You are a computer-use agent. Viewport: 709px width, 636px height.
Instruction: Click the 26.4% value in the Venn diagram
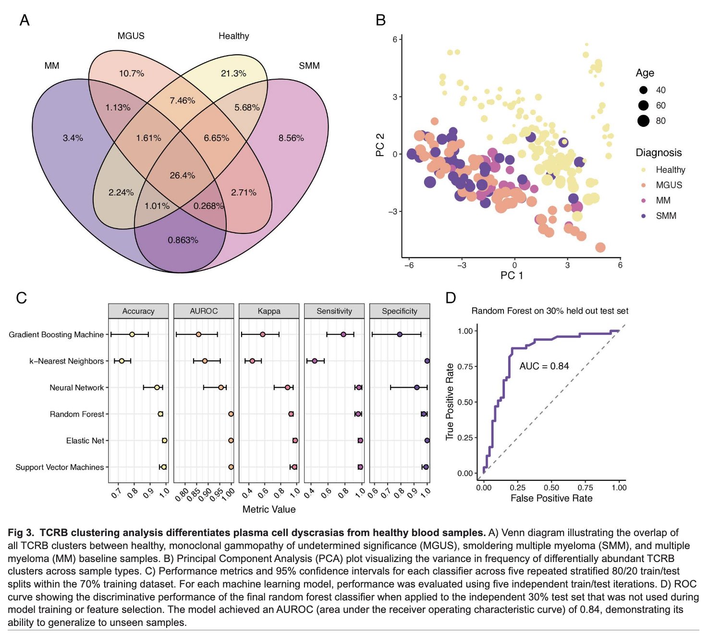(183, 175)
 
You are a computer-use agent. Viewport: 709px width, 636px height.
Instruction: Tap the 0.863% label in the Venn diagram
(183, 240)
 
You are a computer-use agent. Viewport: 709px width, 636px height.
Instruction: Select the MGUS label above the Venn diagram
(131, 36)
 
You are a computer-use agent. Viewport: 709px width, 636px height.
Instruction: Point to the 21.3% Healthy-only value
(233, 73)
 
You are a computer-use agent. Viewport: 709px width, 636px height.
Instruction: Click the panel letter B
(380, 20)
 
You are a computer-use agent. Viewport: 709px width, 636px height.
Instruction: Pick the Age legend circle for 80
(644, 121)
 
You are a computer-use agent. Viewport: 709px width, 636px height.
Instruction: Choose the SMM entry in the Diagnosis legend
(666, 216)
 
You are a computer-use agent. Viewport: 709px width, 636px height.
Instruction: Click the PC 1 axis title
(512, 275)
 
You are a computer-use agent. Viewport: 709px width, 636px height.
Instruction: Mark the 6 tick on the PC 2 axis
(395, 39)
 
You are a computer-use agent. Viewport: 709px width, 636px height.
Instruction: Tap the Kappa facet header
(269, 311)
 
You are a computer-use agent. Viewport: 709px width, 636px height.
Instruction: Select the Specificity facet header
(400, 311)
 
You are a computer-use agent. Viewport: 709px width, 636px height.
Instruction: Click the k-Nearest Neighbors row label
(66, 361)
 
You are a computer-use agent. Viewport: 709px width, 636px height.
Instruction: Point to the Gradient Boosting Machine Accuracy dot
(132, 334)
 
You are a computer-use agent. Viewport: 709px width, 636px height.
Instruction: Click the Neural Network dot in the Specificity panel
(416, 387)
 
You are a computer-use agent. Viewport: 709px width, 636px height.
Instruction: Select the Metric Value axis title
(269, 509)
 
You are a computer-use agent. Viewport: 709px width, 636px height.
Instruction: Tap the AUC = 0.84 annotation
(544, 366)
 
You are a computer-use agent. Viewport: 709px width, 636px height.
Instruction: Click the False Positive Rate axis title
(551, 498)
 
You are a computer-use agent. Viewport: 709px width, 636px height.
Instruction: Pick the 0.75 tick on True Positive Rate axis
(465, 367)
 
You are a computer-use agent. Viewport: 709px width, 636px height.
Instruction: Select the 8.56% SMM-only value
(291, 138)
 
